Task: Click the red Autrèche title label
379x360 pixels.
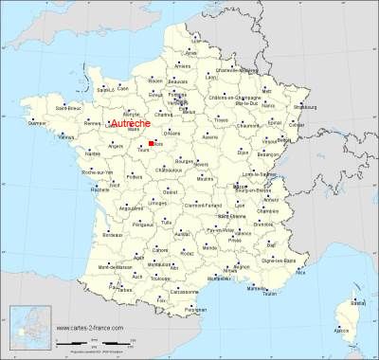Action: [132, 123]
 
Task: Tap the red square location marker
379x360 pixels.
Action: [152, 143]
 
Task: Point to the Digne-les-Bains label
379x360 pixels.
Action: [281, 259]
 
